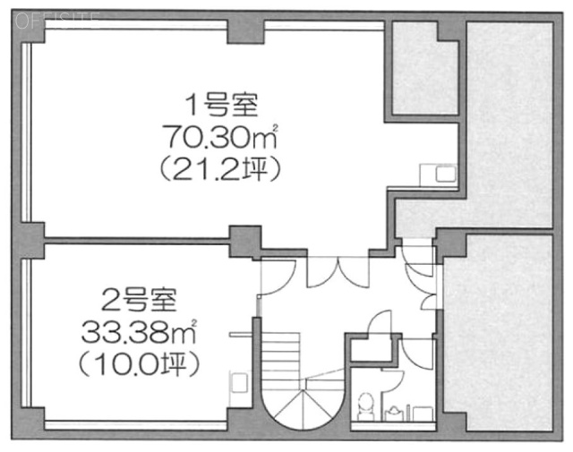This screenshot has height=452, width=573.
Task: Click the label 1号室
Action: click(221, 105)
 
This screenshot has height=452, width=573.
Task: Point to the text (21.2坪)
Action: click(220, 169)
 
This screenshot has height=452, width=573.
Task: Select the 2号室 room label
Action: click(140, 300)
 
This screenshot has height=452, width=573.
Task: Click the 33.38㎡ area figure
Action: click(139, 332)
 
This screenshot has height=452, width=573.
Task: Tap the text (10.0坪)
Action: click(139, 364)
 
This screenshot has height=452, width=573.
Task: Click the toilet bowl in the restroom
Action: click(364, 405)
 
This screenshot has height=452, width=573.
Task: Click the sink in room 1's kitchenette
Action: click(446, 174)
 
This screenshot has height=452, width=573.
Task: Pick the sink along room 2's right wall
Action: click(239, 382)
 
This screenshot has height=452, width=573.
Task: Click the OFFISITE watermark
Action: click(57, 21)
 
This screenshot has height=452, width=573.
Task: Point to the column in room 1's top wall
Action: click(245, 32)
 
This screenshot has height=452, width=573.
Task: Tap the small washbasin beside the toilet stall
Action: click(392, 413)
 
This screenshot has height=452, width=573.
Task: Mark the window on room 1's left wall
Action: click(26, 132)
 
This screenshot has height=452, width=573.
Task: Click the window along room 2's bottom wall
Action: click(135, 426)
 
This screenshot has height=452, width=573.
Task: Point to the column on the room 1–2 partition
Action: click(244, 242)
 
